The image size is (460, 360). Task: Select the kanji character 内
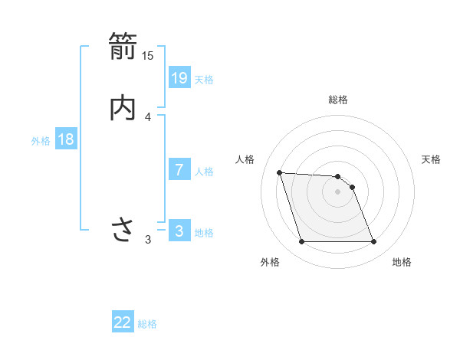coord(123,107)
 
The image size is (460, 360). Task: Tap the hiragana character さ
coord(123,229)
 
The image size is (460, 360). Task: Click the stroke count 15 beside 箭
coord(148,55)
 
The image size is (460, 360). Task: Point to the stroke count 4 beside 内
coord(148,117)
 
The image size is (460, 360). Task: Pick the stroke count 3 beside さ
coord(148,240)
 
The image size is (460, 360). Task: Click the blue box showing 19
coord(179,77)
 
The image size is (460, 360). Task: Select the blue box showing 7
coord(179,170)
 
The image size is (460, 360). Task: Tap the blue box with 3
coord(179,231)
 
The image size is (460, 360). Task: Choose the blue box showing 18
coord(66,139)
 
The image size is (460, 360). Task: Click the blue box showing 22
coord(123,322)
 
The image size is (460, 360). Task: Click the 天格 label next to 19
coord(204,79)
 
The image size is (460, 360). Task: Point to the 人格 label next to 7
coord(204,172)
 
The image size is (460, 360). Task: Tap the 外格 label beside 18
coord(41,141)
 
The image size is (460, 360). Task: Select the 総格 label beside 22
coord(147,324)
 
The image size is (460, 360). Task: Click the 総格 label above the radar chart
coord(337,100)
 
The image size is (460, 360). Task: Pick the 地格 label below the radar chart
coord(402,262)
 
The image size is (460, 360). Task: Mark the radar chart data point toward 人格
coord(280,172)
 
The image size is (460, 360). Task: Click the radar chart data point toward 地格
coord(373,242)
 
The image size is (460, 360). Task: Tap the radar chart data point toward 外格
coord(301,242)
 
